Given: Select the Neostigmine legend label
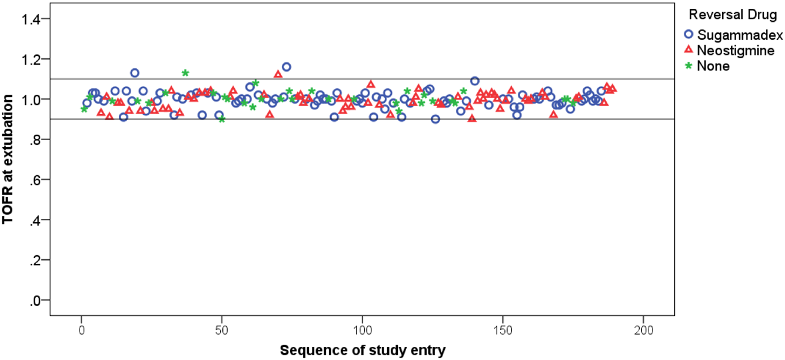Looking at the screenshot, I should click(x=736, y=51).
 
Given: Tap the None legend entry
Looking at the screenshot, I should click(x=713, y=66).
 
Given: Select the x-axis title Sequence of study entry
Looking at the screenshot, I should click(x=362, y=351).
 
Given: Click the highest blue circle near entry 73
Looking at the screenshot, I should click(x=287, y=66).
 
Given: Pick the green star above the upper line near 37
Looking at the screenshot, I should click(x=185, y=73).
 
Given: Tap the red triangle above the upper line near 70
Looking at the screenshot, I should click(x=278, y=74).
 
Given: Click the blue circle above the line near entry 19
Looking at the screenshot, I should click(x=135, y=73).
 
